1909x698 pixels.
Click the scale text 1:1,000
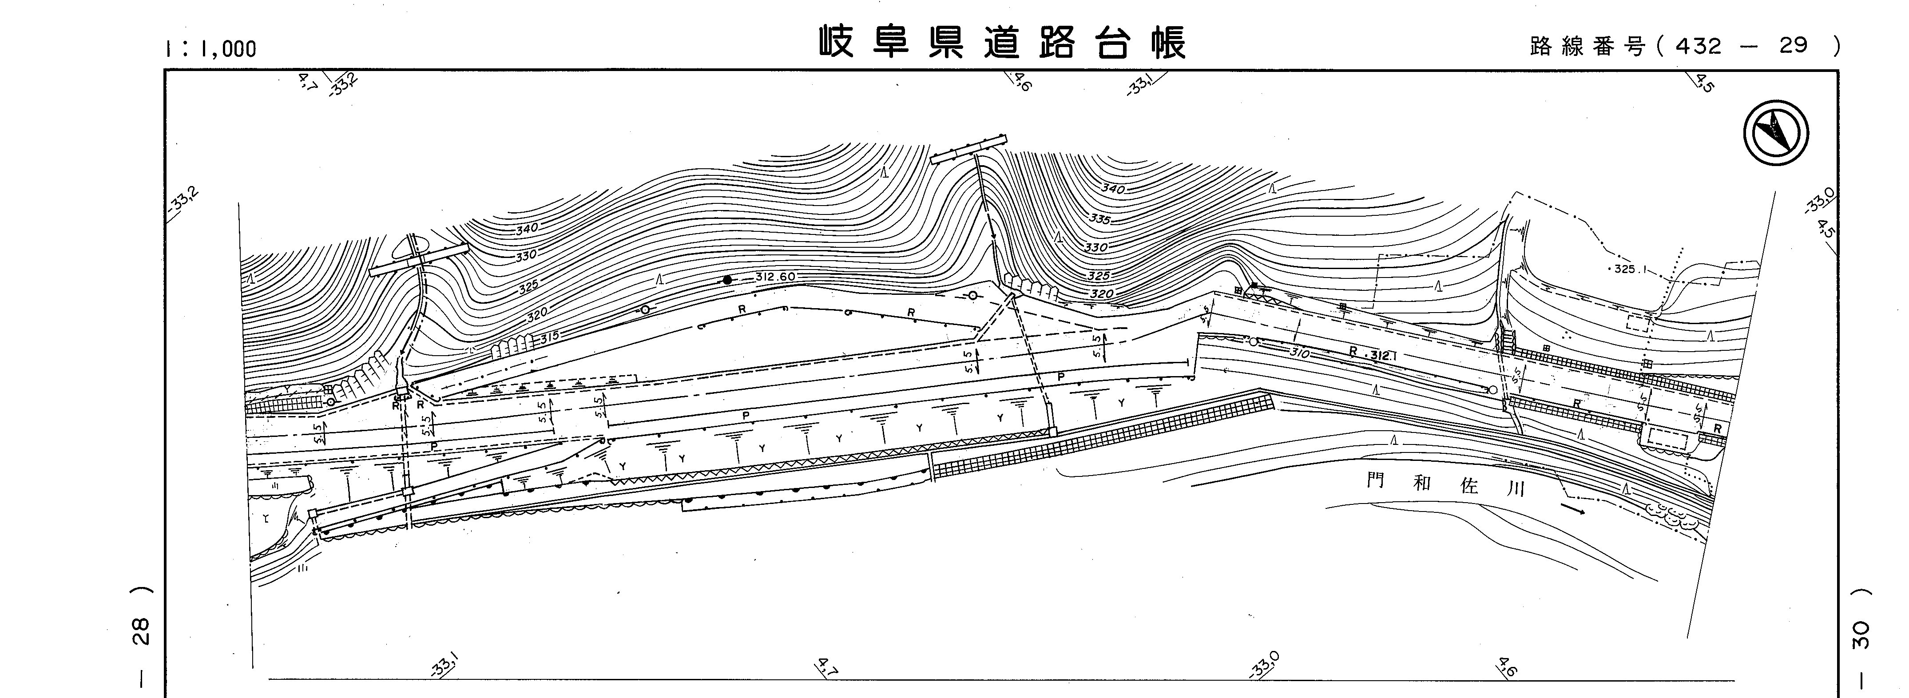coord(211,49)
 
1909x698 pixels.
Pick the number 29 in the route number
coord(1794,46)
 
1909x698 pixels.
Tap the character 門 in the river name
coord(1375,481)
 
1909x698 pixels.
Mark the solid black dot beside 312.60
coord(728,280)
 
